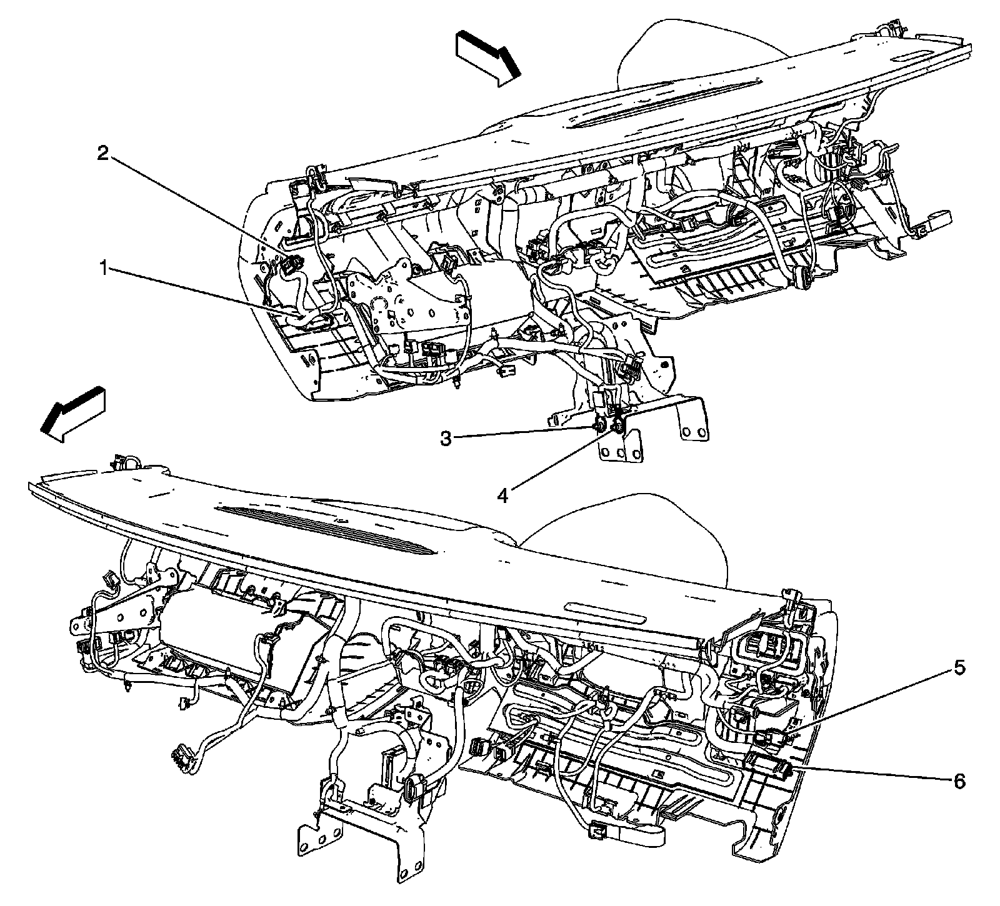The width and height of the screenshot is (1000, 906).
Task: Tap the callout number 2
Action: tap(103, 154)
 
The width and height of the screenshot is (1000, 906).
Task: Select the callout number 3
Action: tap(446, 439)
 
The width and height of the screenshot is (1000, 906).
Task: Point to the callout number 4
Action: tap(502, 495)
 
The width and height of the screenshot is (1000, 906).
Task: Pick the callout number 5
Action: tap(959, 669)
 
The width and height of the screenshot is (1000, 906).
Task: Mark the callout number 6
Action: tap(959, 780)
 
